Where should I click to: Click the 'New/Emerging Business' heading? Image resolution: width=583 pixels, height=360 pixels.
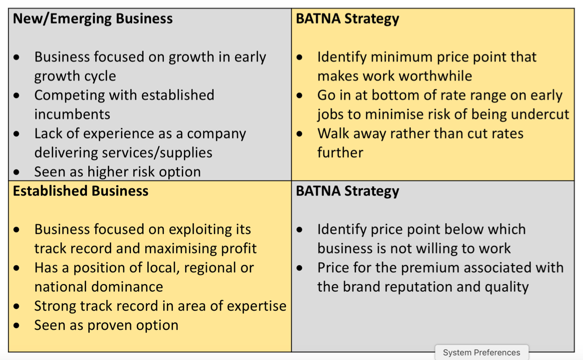[x=93, y=19]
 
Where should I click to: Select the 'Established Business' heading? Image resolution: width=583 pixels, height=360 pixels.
[x=81, y=191]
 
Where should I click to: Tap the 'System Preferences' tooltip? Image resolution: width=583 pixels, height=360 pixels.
[x=482, y=353]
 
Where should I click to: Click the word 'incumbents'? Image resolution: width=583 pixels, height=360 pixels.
[x=72, y=114]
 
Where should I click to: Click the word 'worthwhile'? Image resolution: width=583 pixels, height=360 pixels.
[x=436, y=76]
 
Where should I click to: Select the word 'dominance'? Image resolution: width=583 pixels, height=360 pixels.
[x=127, y=287]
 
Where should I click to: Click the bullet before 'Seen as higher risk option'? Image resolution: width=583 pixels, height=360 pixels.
[x=16, y=172]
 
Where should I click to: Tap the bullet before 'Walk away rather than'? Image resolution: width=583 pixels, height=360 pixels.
[x=299, y=134]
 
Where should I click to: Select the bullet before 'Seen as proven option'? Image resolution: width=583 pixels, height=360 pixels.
[x=16, y=326]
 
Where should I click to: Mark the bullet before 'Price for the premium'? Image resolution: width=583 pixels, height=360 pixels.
[x=299, y=268]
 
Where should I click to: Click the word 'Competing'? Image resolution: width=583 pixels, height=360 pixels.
[x=69, y=95]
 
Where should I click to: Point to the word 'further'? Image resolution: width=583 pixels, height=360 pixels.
[x=340, y=153]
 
